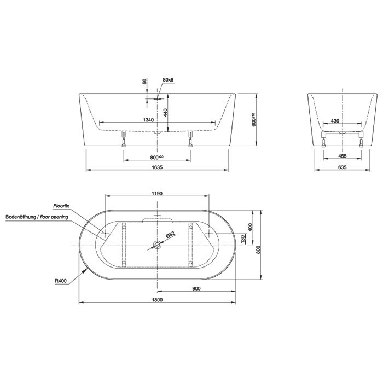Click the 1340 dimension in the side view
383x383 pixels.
pos(148,120)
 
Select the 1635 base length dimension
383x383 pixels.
pos(157,167)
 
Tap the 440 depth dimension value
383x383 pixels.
pos(165,113)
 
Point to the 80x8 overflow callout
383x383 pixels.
pos(168,80)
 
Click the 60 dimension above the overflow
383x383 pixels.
pos(144,82)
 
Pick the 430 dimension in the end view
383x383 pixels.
pos(335,121)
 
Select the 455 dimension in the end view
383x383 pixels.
pos(343,156)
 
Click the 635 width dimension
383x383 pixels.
pos(343,167)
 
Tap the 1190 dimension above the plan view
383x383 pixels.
pos(157,194)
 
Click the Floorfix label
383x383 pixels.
pos(61,206)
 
